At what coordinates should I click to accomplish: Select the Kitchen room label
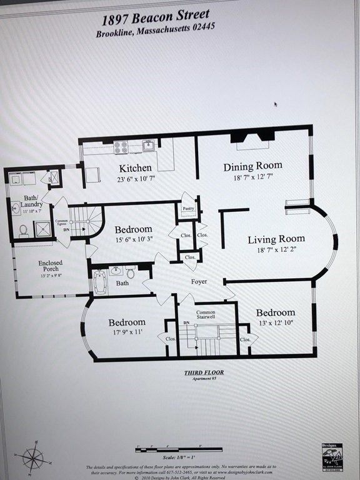[135, 168]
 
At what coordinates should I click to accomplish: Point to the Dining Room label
[252, 166]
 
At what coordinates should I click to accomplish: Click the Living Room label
[276, 239]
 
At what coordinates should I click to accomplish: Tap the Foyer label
[198, 281]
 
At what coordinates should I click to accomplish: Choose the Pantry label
[188, 209]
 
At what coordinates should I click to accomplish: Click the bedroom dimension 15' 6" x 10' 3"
[132, 240]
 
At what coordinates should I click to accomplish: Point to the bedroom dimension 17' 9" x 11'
[126, 332]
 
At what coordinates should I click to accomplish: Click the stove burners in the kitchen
[121, 147]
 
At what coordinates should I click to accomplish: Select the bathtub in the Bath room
[100, 282]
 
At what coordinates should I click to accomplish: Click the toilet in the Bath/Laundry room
[23, 230]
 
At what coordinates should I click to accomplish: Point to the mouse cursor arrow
[276, 105]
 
